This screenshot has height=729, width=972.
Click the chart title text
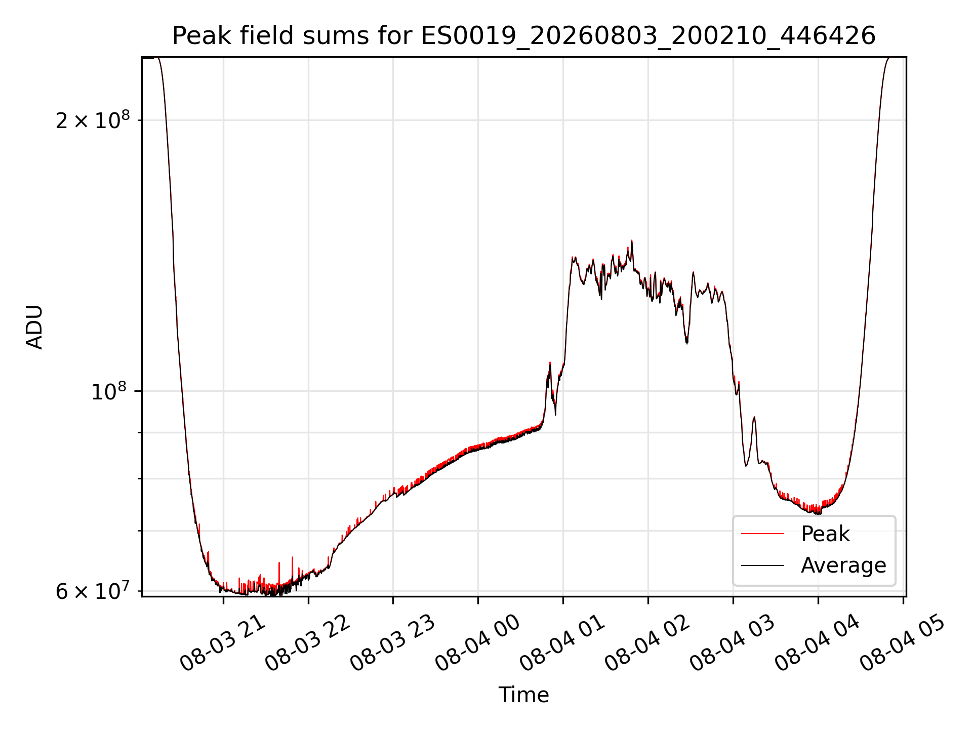[x=524, y=36]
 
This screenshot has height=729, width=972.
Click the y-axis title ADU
[x=34, y=327]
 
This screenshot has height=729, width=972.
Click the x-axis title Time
[x=524, y=695]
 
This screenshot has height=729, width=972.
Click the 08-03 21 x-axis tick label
[x=223, y=643]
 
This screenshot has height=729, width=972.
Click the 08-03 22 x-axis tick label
[x=308, y=643]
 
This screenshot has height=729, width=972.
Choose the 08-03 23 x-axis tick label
[x=393, y=643]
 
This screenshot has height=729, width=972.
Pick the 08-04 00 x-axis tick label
[x=478, y=643]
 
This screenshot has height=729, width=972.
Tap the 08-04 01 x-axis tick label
[x=563, y=643]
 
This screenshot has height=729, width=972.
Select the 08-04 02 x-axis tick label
[x=648, y=643]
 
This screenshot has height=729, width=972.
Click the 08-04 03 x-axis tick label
[x=733, y=643]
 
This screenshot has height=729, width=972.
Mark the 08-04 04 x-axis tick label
[x=818, y=643]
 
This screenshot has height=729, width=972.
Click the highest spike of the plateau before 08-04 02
[x=632, y=241]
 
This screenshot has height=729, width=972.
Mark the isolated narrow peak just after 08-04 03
[x=754, y=418]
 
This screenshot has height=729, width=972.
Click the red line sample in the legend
[x=762, y=534]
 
